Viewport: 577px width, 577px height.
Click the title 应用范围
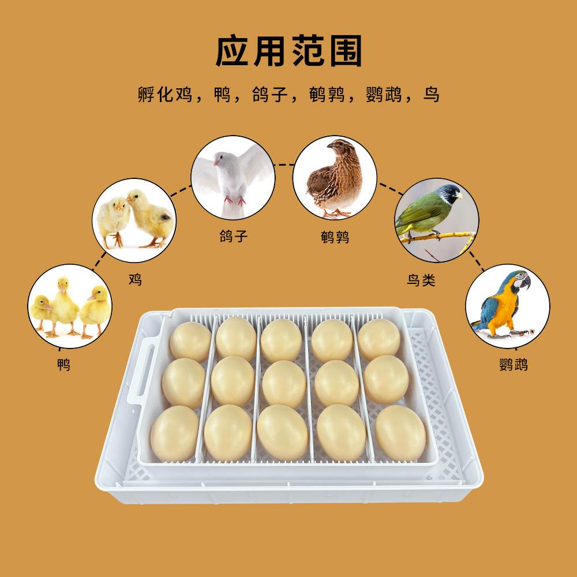288,52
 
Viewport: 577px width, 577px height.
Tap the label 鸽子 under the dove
234,237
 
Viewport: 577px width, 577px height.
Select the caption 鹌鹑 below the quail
335,237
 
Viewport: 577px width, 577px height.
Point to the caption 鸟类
421,280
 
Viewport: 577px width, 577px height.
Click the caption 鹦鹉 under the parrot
513,365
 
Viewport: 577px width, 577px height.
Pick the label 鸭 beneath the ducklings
63,365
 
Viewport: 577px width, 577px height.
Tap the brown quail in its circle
335,179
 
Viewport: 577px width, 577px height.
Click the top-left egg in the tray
190,342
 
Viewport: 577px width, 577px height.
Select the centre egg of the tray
284,383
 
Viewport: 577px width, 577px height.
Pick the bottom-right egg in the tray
400,433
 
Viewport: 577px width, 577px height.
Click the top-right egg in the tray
379,339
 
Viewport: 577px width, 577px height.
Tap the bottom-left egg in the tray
174,433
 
